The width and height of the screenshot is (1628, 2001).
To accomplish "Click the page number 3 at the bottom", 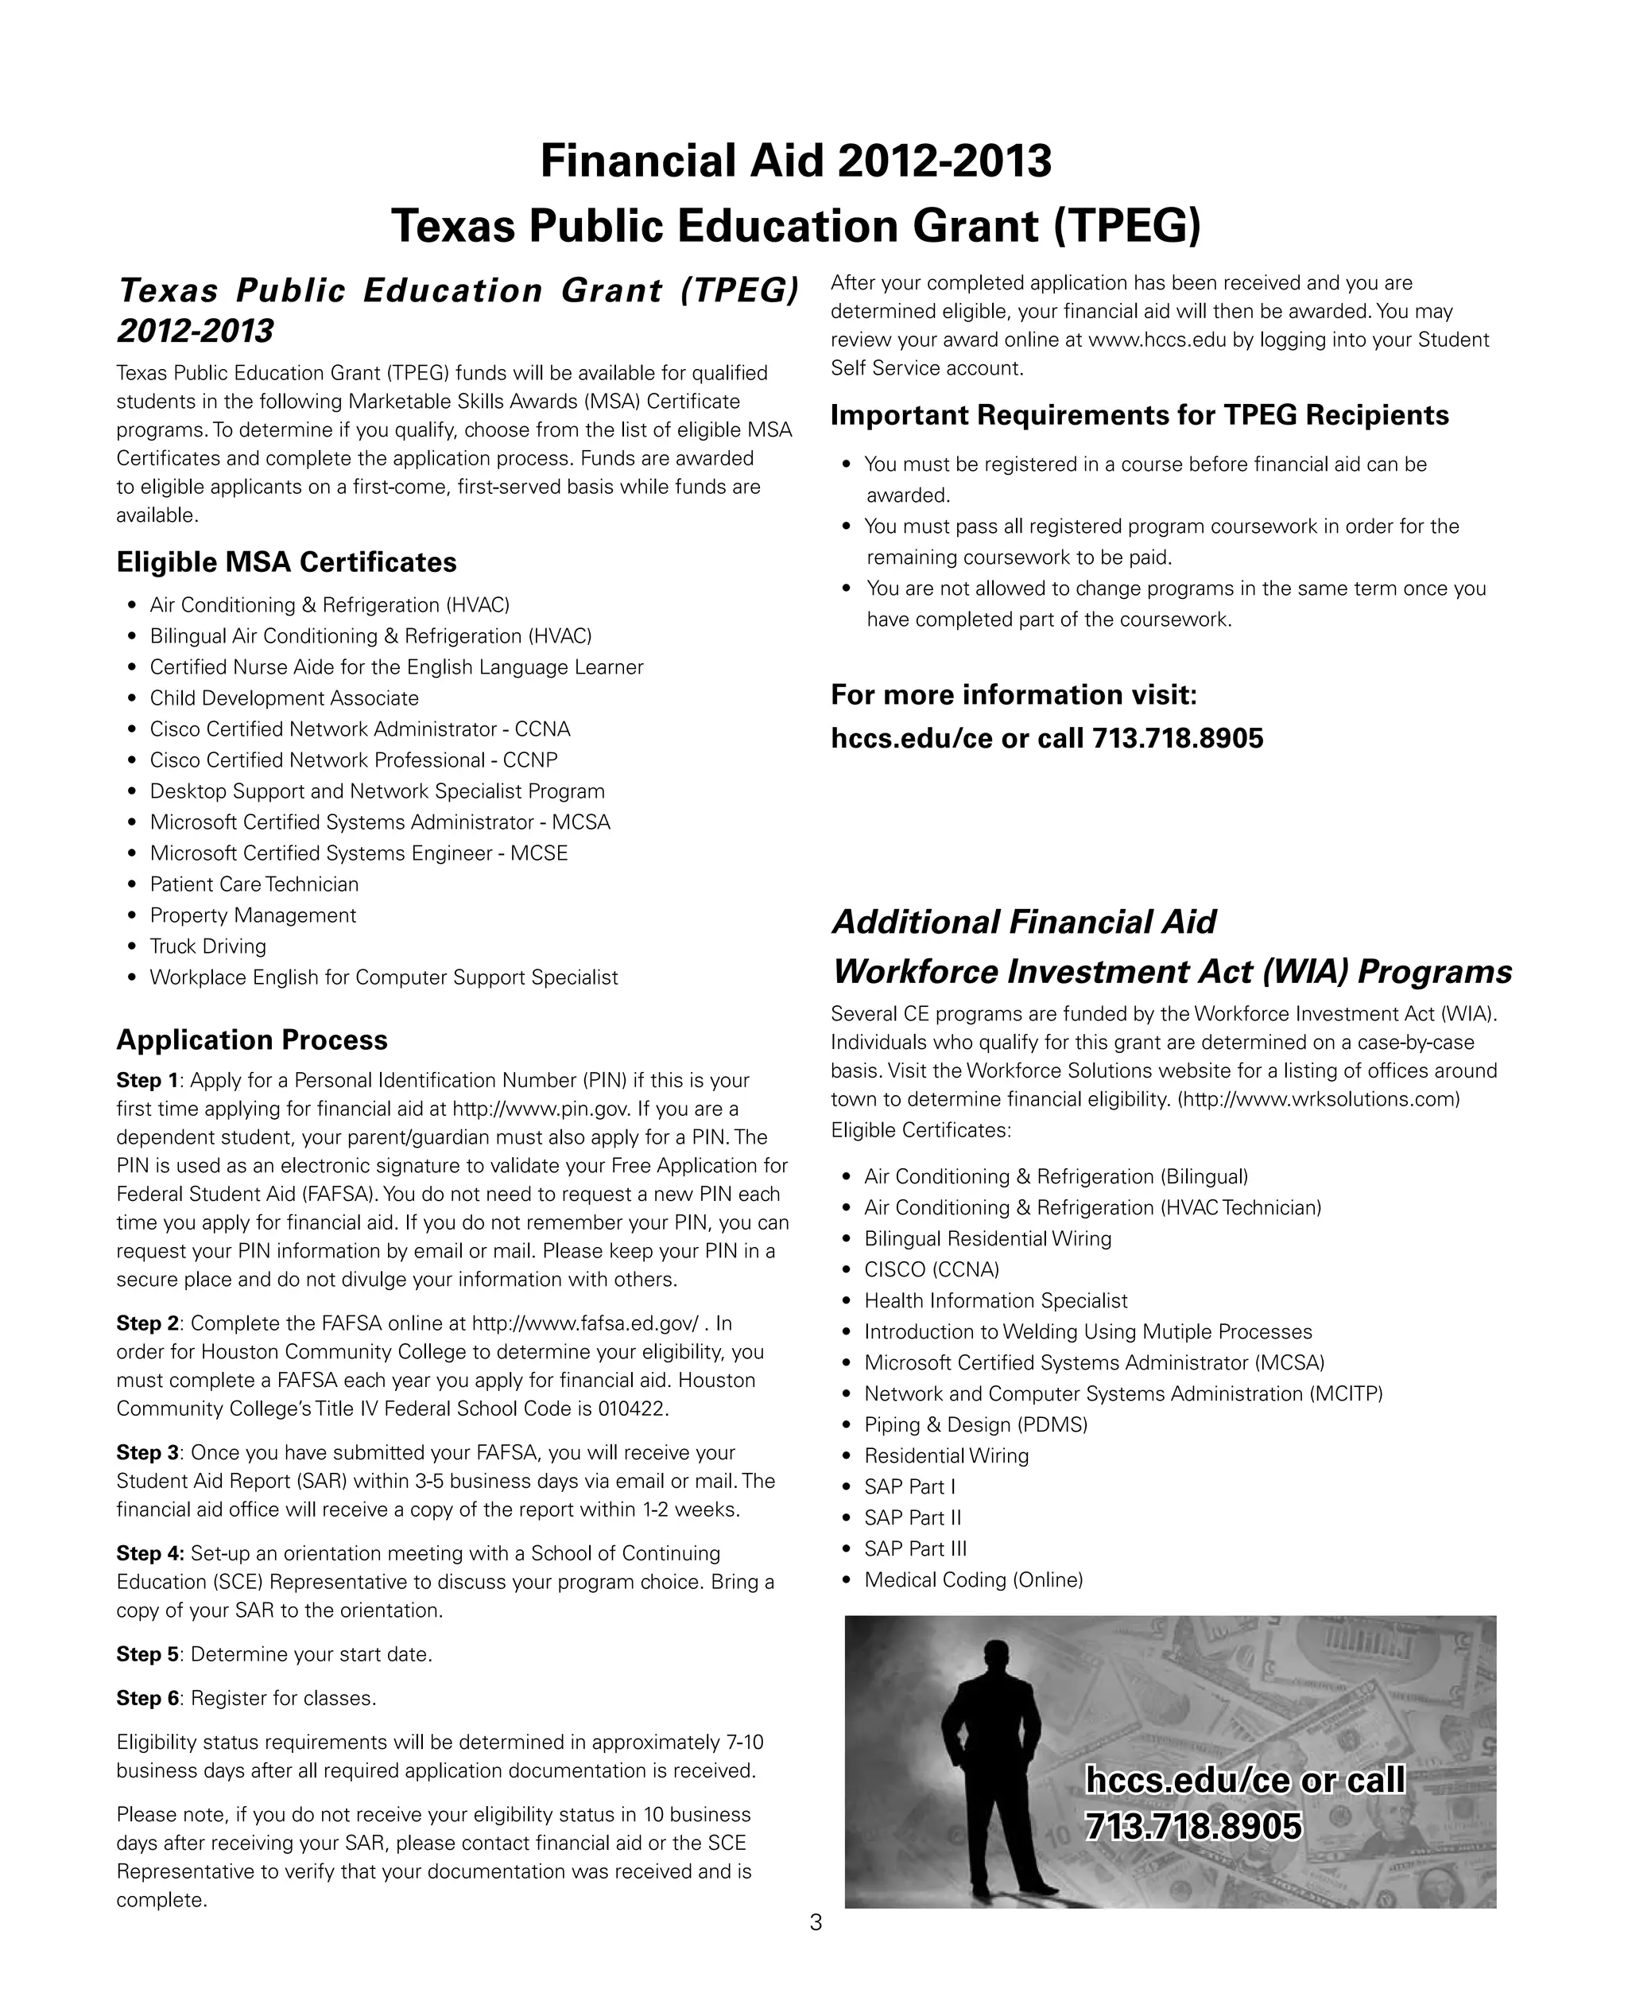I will (x=815, y=1922).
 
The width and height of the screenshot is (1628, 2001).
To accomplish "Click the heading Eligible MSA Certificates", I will (x=286, y=562).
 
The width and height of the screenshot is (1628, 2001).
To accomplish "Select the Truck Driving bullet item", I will (x=207, y=946).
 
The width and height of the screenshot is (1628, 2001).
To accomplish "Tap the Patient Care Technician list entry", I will (x=254, y=884).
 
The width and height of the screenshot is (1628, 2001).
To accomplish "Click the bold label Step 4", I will (x=149, y=1552).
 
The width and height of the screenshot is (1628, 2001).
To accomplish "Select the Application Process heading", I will (x=251, y=1039).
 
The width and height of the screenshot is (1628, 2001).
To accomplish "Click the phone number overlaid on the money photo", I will (x=1193, y=1825).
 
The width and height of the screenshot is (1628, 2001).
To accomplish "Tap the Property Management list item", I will (x=252, y=915).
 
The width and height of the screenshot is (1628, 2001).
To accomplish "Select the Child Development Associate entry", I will (x=283, y=698).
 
